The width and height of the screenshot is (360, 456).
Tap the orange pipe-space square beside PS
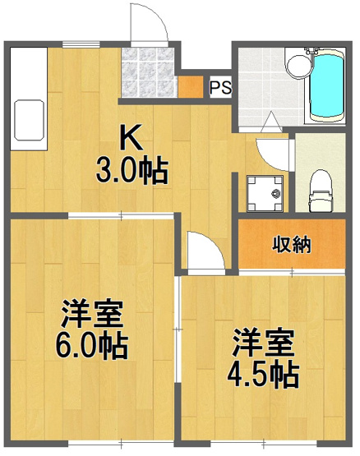[x=190, y=86]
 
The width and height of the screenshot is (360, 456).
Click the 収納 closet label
[x=292, y=245]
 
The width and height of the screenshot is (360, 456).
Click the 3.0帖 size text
[x=132, y=172]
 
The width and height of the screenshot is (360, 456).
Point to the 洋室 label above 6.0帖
[x=92, y=314]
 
